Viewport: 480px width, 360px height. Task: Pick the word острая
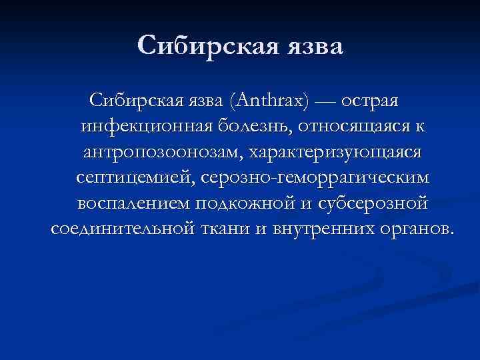tap(371, 101)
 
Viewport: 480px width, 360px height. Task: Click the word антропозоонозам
tap(161, 152)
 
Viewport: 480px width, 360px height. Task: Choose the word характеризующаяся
tap(335, 152)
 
